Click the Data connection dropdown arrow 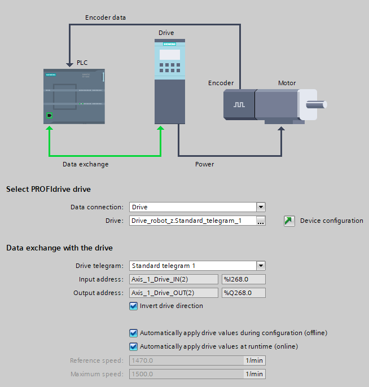pyautogui.click(x=261, y=207)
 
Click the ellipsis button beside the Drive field pyautogui.click(x=261, y=221)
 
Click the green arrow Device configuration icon pyautogui.click(x=289, y=221)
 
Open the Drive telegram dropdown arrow pyautogui.click(x=261, y=266)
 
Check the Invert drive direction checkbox pyautogui.click(x=134, y=306)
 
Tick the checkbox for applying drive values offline pyautogui.click(x=134, y=333)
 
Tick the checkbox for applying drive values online pyautogui.click(x=134, y=346)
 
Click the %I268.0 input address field pyautogui.click(x=243, y=279)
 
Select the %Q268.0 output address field pyautogui.click(x=243, y=293)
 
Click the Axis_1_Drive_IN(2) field pyautogui.click(x=174, y=279)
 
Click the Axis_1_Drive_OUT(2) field pyautogui.click(x=174, y=293)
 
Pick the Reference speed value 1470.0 pyautogui.click(x=186, y=360)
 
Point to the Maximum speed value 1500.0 pyautogui.click(x=186, y=374)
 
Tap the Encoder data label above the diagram pyautogui.click(x=106, y=17)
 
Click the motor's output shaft pyautogui.click(x=316, y=104)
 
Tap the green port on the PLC pyautogui.click(x=50, y=116)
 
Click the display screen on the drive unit pyautogui.click(x=170, y=55)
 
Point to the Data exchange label pyautogui.click(x=85, y=164)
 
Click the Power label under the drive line pyautogui.click(x=204, y=164)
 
